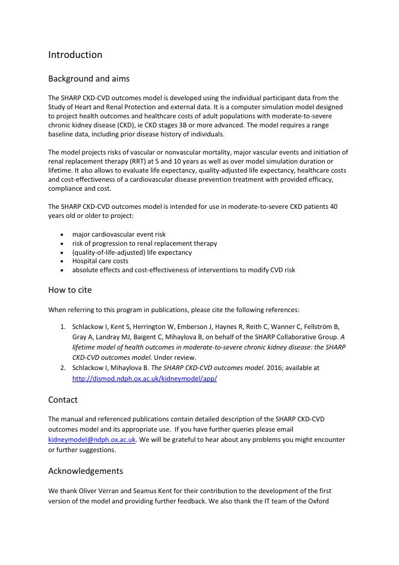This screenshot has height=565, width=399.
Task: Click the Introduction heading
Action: [x=75, y=55]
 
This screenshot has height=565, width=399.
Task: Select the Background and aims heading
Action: [x=89, y=78]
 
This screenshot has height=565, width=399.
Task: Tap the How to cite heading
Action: [x=70, y=290]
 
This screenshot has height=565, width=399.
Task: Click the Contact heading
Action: [x=63, y=400]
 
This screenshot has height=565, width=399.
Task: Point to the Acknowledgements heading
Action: [x=86, y=471]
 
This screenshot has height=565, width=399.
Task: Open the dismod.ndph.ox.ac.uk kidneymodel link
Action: [x=144, y=379]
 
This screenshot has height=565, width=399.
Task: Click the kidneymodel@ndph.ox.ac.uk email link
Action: [x=92, y=441]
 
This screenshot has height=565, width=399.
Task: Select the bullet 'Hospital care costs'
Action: [x=100, y=261]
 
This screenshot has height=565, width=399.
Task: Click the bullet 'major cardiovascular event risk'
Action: [x=119, y=234]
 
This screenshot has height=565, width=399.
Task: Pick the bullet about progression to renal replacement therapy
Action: [x=145, y=243]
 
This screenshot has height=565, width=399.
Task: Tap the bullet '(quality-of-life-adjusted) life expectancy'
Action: [x=132, y=252]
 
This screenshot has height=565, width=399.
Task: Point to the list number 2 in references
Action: [x=63, y=367]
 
